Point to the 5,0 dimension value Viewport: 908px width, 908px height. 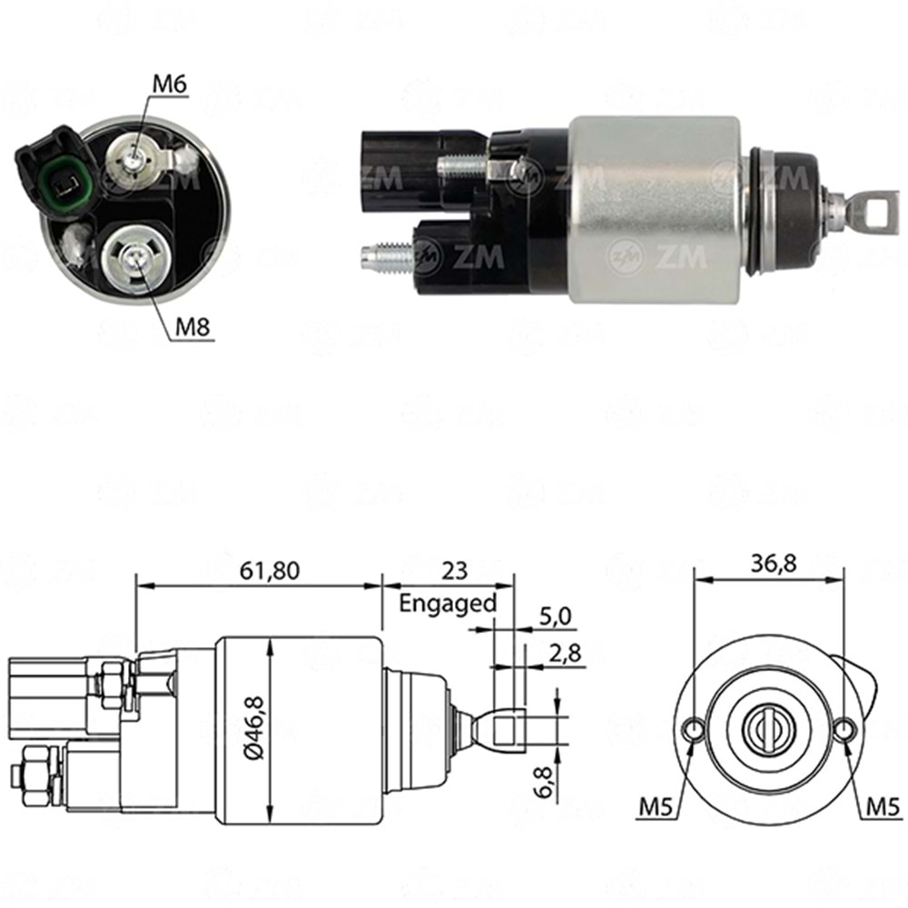tap(555, 617)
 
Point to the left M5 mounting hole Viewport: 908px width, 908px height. tap(694, 729)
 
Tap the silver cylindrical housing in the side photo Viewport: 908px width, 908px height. tap(654, 209)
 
